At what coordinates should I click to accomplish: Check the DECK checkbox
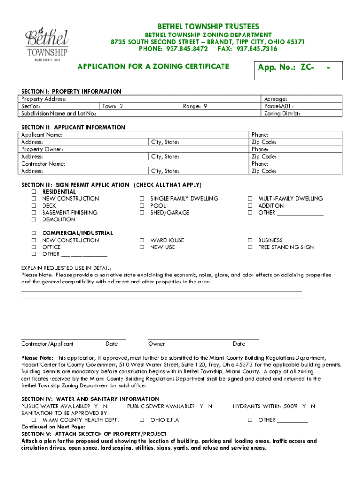[34, 206]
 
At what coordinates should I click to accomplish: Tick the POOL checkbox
[141, 206]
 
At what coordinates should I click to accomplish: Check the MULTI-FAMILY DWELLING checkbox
[250, 199]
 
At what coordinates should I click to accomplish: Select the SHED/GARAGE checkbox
[141, 213]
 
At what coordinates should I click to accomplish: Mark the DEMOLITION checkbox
[34, 219]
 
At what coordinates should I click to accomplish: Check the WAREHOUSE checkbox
[141, 240]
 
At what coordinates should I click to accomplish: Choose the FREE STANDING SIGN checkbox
[250, 247]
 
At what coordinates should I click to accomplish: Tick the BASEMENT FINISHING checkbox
[34, 213]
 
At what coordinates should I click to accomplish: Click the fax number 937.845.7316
[257, 49]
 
